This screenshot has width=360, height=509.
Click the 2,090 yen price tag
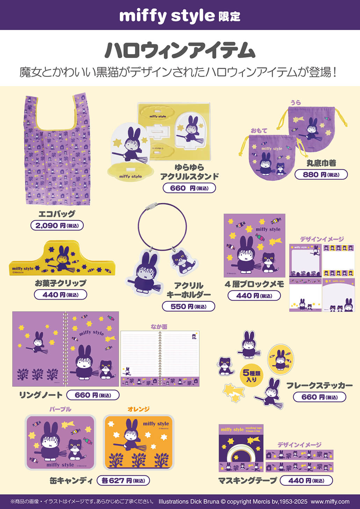tap(57, 226)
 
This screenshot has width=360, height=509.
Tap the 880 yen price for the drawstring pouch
tap(321, 174)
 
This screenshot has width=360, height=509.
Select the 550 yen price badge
tap(188, 306)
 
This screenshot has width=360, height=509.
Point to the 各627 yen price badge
tap(123, 480)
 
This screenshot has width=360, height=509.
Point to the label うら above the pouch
tap(295, 102)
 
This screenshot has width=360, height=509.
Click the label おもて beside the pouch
tap(259, 131)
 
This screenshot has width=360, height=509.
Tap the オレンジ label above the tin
tap(138, 409)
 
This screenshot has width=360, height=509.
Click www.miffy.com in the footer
tap(330, 501)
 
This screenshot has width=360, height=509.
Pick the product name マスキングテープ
tap(247, 481)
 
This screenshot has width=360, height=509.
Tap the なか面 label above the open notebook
tap(159, 326)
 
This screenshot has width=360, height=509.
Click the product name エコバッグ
tap(57, 214)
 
